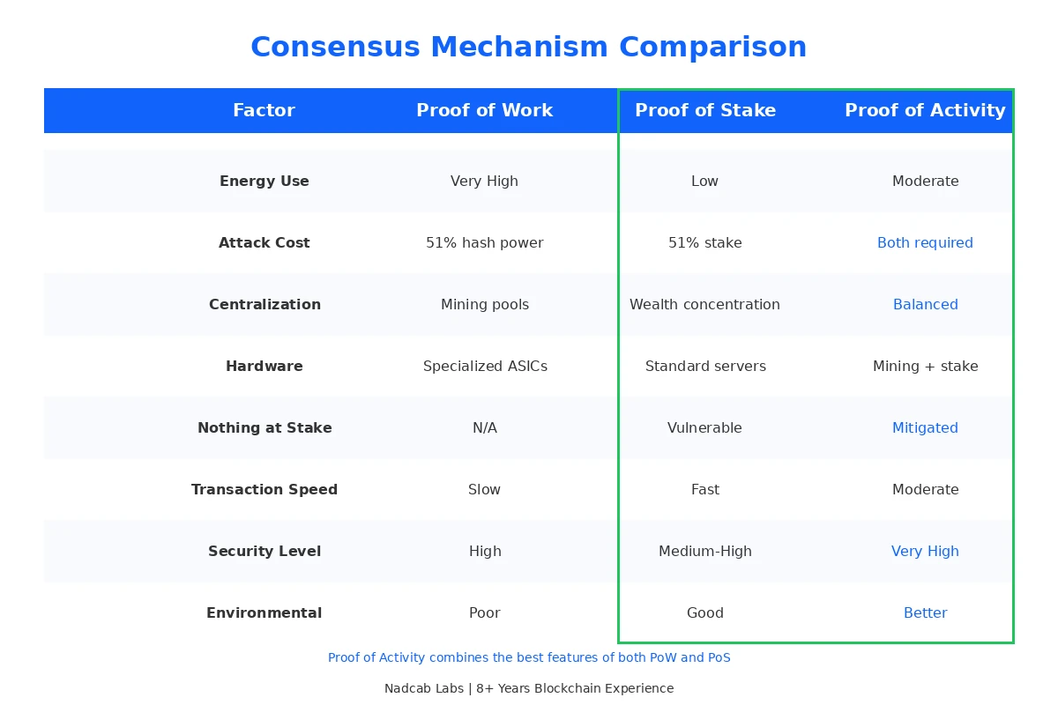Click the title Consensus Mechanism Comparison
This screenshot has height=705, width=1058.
click(528, 47)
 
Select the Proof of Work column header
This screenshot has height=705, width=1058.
click(484, 110)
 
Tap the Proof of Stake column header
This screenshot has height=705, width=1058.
click(705, 110)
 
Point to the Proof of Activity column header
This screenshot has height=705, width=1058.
click(925, 110)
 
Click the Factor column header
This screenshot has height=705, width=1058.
click(264, 110)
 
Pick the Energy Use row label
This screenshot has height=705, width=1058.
click(264, 181)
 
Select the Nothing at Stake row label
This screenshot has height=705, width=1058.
click(264, 427)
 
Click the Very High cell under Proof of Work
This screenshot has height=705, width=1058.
click(484, 181)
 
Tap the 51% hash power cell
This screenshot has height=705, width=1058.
click(484, 242)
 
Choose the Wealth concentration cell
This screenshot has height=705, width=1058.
click(704, 304)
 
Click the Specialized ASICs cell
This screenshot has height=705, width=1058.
click(485, 366)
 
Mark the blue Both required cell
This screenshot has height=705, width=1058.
click(925, 242)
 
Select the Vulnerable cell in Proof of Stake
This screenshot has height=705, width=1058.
click(704, 427)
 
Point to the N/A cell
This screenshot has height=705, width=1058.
click(484, 427)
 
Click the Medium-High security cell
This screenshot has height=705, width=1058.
click(704, 551)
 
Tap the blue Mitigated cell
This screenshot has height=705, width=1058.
click(925, 427)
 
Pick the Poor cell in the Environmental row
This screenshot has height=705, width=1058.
click(484, 612)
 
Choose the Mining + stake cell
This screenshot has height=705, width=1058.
click(925, 366)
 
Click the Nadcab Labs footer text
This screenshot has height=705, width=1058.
click(528, 688)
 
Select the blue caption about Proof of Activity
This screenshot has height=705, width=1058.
click(529, 657)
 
